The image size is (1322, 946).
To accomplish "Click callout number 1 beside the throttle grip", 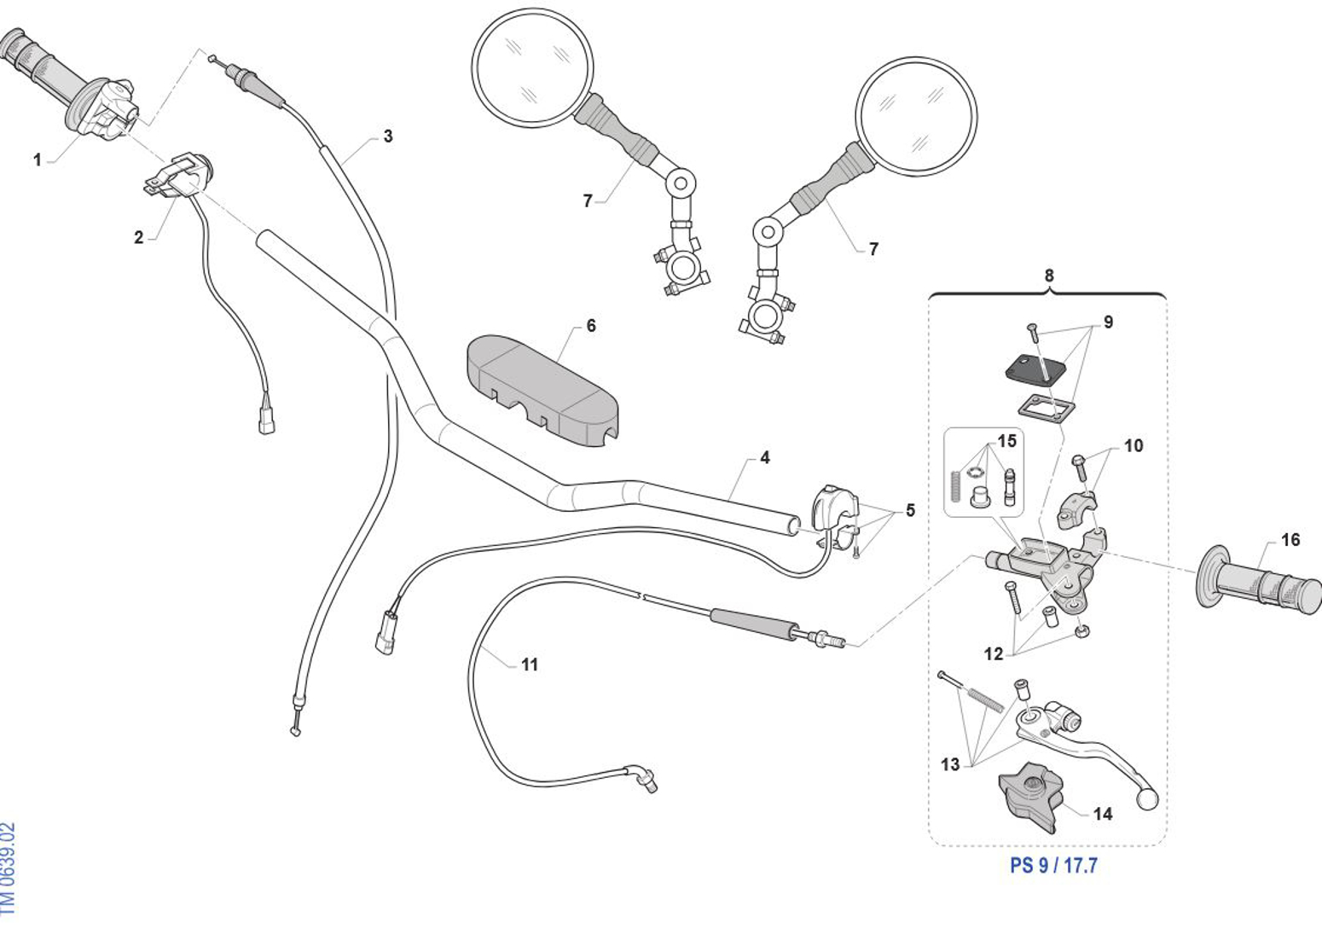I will (37, 160).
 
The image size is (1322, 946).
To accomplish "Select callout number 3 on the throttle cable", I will (388, 136).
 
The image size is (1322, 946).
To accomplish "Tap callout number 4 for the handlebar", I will (765, 458).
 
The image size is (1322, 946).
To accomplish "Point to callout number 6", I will (591, 326).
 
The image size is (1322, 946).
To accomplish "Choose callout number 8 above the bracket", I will (1049, 276).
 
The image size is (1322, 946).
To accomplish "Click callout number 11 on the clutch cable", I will (530, 665).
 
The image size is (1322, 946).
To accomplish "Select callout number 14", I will (1103, 814).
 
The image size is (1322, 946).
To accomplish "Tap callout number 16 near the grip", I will (1290, 540).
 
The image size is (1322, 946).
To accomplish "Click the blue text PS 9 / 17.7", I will (1053, 865).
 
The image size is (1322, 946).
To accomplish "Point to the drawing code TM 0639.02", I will (9, 868).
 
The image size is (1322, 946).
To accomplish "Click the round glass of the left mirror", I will (532, 68).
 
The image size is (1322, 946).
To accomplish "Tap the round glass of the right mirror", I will (916, 116).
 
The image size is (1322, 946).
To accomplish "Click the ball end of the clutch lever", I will (1148, 799).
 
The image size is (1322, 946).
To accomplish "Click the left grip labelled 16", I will (1262, 584).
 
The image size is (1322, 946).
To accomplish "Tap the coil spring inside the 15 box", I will (955, 489).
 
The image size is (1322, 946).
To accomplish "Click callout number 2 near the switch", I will (138, 237).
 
